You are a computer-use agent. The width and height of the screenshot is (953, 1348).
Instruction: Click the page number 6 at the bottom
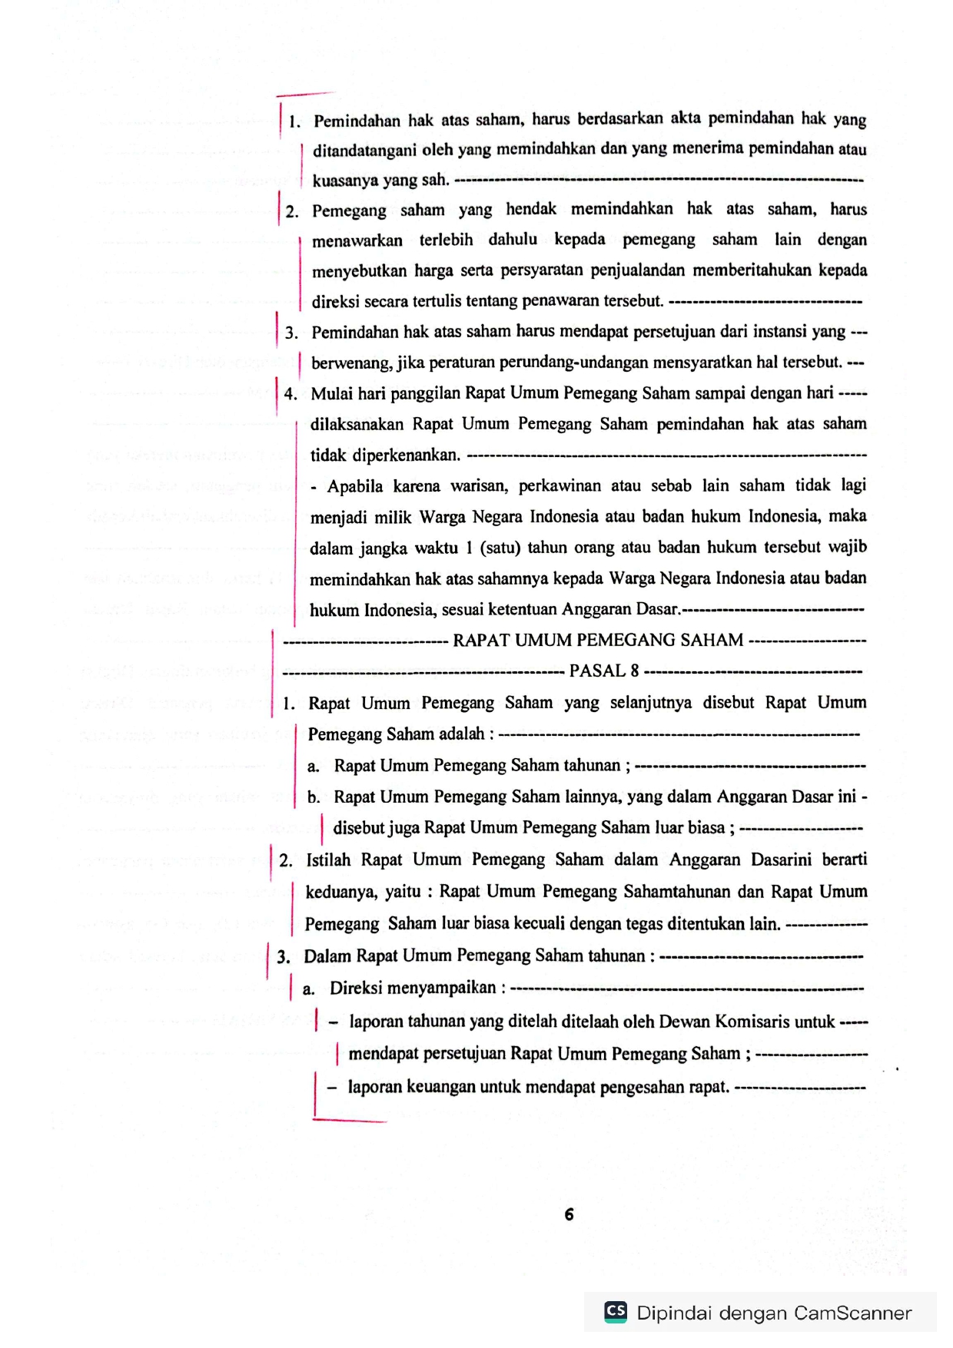point(569,1214)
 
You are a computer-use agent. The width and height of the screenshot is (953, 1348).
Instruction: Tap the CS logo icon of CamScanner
point(616,1311)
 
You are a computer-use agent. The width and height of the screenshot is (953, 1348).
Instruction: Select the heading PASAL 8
point(603,671)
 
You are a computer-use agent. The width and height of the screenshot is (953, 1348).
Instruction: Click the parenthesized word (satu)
point(501,548)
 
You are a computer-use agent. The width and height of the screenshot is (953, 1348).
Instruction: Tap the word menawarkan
point(357,240)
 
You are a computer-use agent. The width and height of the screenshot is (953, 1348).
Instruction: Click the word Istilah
point(328,860)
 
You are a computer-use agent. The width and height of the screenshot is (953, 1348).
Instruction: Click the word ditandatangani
point(364,150)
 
